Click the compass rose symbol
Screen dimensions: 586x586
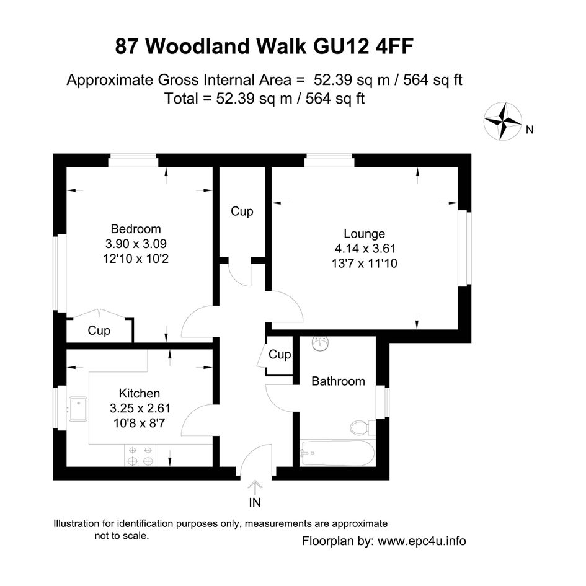(503, 121)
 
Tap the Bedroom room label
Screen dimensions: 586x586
(136, 229)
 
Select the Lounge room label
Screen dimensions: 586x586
(365, 234)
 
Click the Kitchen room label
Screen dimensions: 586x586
(140, 393)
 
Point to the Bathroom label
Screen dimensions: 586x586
(338, 381)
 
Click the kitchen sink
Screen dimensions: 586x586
(78, 409)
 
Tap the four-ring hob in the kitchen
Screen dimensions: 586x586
(140, 456)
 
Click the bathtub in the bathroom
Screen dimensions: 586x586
(337, 453)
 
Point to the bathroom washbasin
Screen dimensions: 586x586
(320, 344)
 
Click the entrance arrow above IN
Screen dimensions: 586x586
(255, 488)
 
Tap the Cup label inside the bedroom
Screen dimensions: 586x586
(99, 331)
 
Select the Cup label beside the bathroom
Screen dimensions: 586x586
(280, 354)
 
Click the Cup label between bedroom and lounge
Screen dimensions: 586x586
(242, 211)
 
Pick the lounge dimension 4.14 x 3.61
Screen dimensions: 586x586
(365, 248)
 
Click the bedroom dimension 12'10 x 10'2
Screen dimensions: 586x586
(136, 259)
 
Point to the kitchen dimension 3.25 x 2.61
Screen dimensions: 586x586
(140, 408)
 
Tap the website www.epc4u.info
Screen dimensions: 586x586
(422, 541)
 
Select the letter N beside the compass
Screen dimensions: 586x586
(530, 130)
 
